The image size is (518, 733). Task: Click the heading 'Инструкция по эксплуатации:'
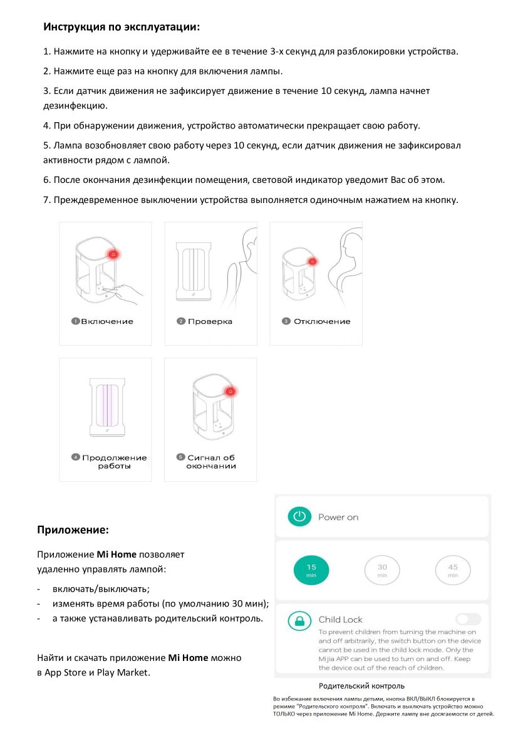click(122, 27)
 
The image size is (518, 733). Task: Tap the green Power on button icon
click(299, 517)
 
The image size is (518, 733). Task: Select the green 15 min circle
click(311, 569)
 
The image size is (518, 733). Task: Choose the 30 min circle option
click(382, 570)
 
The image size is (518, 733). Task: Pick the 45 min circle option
click(453, 570)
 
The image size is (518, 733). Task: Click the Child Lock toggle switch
click(468, 620)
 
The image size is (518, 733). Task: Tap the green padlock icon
click(299, 621)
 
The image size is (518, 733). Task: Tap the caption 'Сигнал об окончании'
click(211, 462)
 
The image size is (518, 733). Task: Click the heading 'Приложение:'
click(73, 530)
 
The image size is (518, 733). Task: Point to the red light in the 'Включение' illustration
click(113, 254)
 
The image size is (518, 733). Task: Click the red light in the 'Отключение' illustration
click(313, 261)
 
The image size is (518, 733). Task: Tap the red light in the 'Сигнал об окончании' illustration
click(231, 392)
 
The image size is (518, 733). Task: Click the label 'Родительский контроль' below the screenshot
click(361, 686)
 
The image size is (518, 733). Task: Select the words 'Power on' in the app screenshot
click(338, 517)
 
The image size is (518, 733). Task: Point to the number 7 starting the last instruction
click(46, 200)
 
